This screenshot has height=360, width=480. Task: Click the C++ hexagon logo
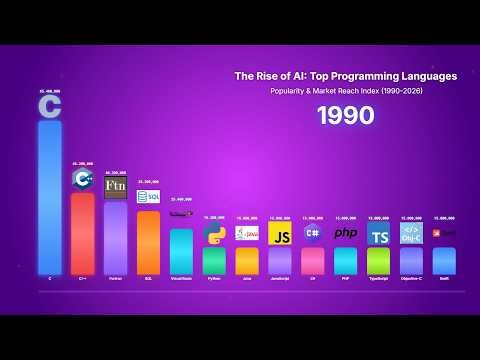click(x=83, y=180)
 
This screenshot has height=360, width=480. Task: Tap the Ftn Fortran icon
click(x=116, y=187)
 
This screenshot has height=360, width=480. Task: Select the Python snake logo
click(x=214, y=234)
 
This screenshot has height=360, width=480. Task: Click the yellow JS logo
click(x=281, y=234)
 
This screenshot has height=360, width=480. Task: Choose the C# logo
click(x=313, y=233)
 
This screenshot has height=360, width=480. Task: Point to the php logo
click(x=345, y=234)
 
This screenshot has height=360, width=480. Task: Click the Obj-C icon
click(x=411, y=233)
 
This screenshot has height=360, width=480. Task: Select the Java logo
click(x=247, y=233)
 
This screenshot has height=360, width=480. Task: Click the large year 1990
click(x=345, y=116)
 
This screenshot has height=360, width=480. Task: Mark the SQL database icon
click(x=148, y=196)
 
